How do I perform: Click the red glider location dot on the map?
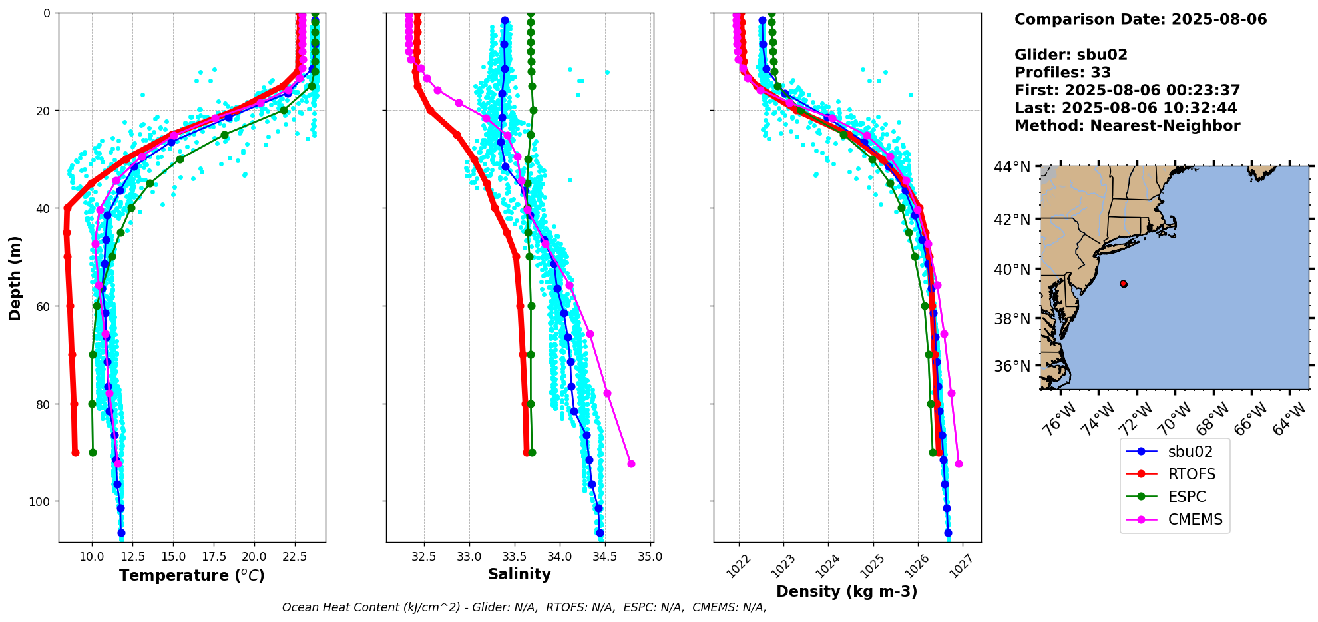[x=1124, y=284]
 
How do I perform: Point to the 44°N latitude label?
[x=1012, y=167]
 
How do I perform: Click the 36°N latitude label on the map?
[x=1012, y=366]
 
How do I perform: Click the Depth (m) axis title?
[x=15, y=278]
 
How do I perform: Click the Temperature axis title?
[x=192, y=575]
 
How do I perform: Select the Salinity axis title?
[x=519, y=574]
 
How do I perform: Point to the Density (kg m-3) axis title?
[x=847, y=591]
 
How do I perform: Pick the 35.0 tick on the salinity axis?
[x=650, y=557]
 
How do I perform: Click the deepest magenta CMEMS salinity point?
[x=631, y=464]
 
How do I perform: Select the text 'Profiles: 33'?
[x=1062, y=73]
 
